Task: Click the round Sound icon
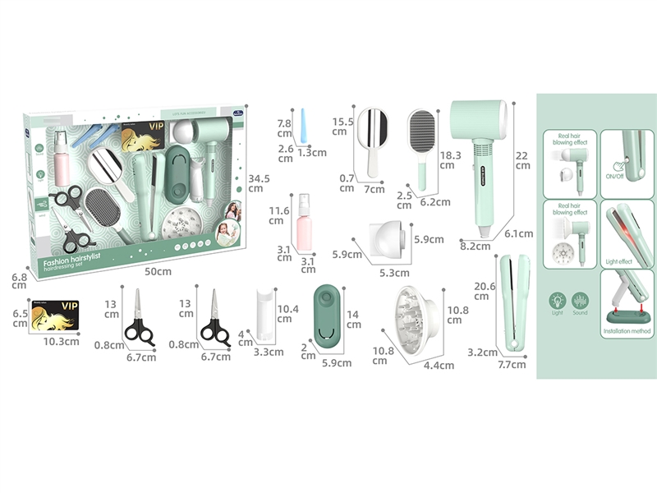(x=580, y=298)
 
